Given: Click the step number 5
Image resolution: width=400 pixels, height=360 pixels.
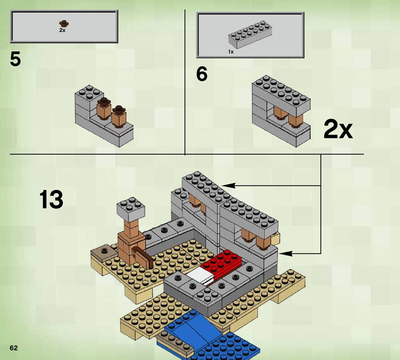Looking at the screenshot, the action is point(16,59).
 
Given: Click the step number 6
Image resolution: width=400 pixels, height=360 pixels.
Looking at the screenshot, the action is point(202,74).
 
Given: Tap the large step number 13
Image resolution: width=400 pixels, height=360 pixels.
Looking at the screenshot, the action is point(51,200).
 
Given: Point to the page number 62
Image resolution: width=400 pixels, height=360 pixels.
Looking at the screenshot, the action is point(14,348).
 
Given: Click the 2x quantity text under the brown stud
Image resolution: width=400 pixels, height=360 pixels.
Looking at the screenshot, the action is point(62,30).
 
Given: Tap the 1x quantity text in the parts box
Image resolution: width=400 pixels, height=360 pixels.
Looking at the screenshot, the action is point(231,52).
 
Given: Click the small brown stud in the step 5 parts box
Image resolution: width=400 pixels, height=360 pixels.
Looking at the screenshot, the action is point(64,24).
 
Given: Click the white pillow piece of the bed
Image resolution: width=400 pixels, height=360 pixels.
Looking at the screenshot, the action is point(200,276).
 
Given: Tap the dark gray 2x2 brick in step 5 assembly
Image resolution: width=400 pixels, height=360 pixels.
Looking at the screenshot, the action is point(89,94).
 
